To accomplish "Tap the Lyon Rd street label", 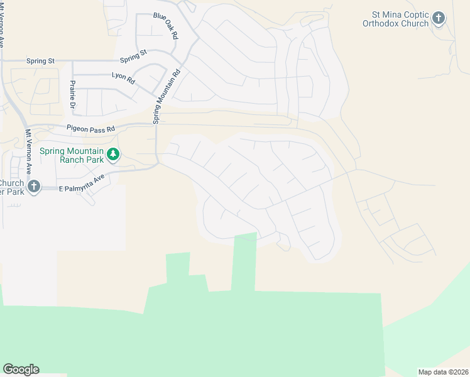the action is click(123, 78).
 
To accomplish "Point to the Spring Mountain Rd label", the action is click(165, 96).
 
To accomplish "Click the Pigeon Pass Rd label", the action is click(92, 129).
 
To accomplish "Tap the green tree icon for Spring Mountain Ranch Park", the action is click(113, 155).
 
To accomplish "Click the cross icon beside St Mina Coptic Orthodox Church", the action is click(439, 19).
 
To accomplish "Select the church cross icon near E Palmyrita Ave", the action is click(34, 187).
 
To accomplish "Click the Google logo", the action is click(21, 369).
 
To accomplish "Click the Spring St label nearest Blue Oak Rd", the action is click(134, 56).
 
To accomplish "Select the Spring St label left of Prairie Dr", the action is click(41, 61).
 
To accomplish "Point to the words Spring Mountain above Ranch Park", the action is click(72, 151).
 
